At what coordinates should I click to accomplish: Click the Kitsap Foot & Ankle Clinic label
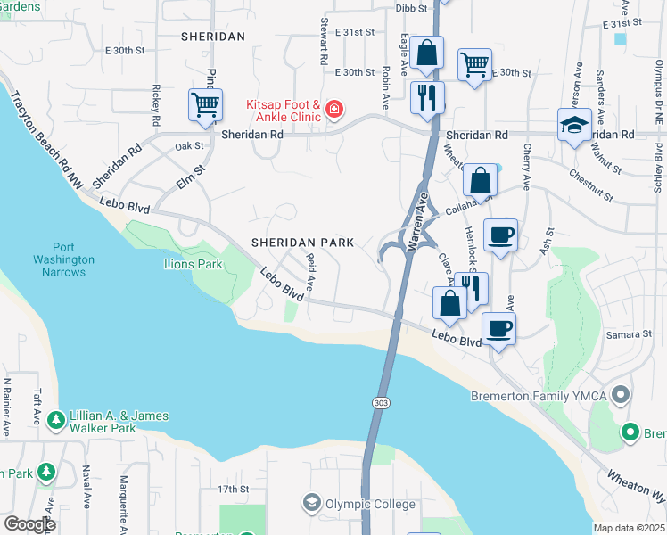tap(281, 111)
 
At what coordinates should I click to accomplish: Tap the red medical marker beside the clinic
tap(333, 110)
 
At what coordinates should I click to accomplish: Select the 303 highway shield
tap(381, 403)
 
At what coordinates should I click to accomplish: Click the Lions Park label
tap(193, 264)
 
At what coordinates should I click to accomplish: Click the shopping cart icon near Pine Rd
tap(205, 104)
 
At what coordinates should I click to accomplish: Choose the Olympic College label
tap(370, 504)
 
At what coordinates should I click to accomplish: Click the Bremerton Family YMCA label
tap(544, 395)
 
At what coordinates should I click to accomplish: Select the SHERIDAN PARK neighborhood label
tap(302, 243)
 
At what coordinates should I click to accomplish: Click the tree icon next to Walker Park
tap(55, 418)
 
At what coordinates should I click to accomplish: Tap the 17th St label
tap(233, 490)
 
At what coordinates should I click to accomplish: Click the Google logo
tap(29, 524)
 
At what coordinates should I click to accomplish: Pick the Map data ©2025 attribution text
tap(628, 528)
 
